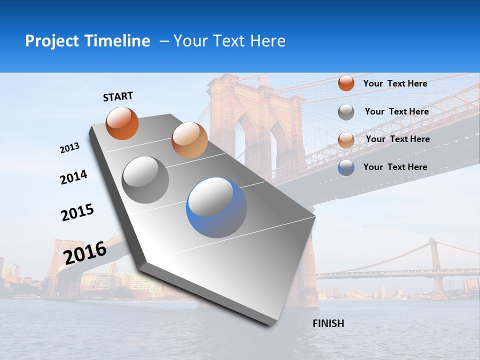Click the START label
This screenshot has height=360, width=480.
click(118, 96)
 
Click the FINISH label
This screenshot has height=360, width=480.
click(328, 323)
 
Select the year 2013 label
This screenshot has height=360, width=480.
click(69, 148)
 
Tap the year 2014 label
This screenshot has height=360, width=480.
click(73, 177)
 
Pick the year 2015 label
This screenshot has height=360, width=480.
click(77, 212)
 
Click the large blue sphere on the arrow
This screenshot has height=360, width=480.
click(216, 207)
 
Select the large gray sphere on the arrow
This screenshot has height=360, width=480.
click(145, 179)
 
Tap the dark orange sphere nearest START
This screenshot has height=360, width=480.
click(122, 123)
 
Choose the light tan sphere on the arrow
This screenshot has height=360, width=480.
click(189, 140)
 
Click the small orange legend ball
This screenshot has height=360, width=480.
click(346, 83)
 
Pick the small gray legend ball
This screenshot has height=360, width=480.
click(346, 112)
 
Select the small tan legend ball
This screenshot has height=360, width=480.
click(346, 140)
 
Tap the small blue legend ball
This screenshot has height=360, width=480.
click(346, 167)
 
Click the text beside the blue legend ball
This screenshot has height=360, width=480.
click(395, 167)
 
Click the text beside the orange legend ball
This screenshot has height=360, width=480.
click(395, 83)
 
